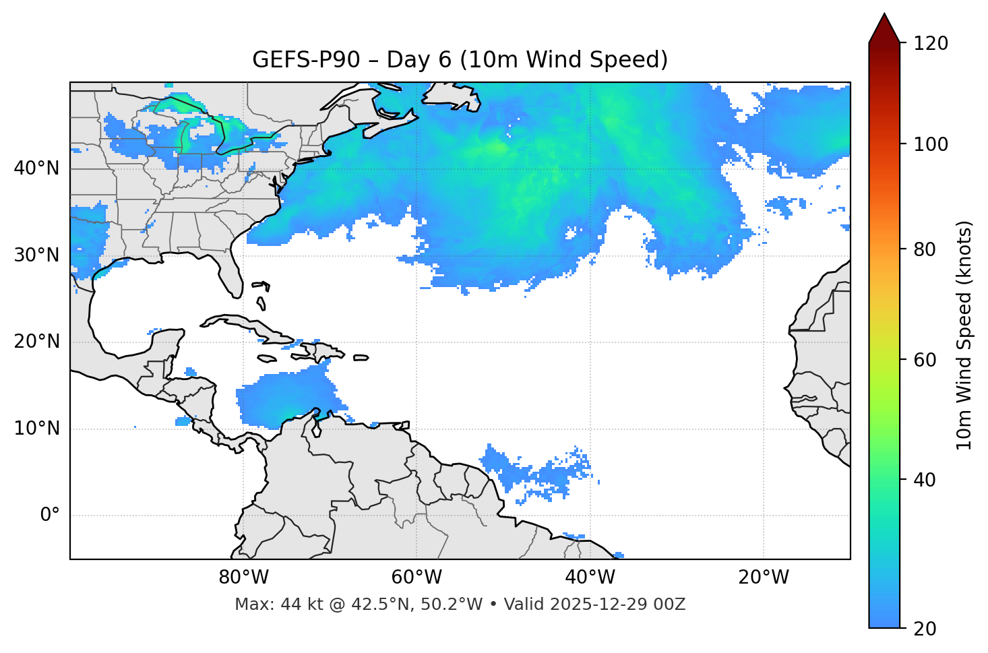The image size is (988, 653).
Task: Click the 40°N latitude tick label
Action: coord(36,168)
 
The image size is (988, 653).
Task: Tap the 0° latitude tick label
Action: coord(49,516)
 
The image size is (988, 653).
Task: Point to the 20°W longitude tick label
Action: coord(763,578)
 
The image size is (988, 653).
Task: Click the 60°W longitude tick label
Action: coord(416,578)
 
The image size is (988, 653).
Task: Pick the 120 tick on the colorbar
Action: coord(931,43)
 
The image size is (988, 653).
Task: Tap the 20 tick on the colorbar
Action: coord(925,629)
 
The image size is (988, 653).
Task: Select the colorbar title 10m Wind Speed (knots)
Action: coord(964,335)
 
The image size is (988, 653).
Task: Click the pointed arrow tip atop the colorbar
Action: coord(884,16)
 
